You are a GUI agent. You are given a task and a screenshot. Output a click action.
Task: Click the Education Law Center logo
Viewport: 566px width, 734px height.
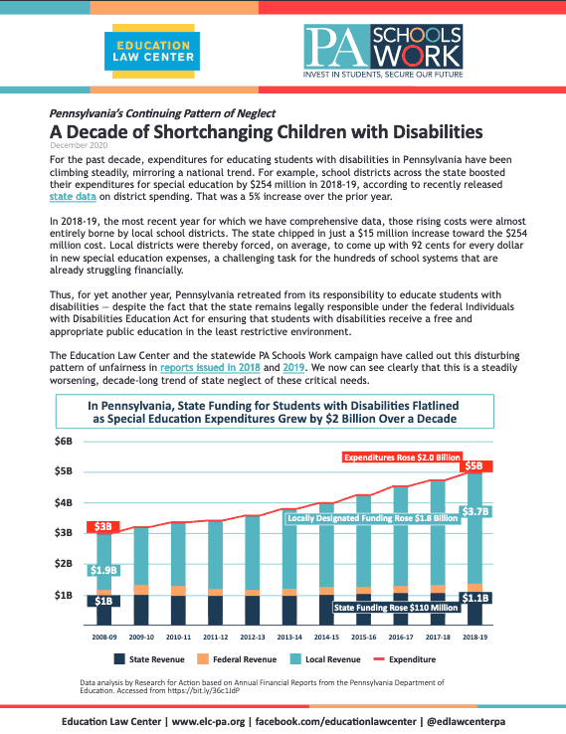click(x=152, y=51)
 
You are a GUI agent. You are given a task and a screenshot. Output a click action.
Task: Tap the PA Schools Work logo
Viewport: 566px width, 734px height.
click(x=383, y=52)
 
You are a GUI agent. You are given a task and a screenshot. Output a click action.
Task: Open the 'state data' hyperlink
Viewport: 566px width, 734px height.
click(x=73, y=197)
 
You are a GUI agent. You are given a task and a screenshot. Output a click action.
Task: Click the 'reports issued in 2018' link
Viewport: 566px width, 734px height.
click(x=210, y=367)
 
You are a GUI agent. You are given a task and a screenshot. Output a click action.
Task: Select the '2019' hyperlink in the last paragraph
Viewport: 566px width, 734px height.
click(x=294, y=367)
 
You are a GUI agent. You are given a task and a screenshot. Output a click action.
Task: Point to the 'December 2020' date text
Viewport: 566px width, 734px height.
click(x=79, y=145)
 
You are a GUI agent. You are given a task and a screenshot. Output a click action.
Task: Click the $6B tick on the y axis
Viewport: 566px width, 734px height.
click(x=64, y=442)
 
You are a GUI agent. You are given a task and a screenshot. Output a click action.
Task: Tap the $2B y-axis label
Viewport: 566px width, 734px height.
click(x=64, y=564)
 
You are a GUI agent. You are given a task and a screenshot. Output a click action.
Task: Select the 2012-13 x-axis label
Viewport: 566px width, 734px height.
click(x=253, y=638)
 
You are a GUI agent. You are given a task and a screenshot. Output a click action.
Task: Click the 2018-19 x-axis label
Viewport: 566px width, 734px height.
click(x=474, y=638)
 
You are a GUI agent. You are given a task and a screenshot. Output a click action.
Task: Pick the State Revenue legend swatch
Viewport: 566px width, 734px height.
click(x=119, y=659)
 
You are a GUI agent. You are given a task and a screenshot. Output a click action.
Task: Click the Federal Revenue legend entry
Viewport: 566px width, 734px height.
click(x=237, y=659)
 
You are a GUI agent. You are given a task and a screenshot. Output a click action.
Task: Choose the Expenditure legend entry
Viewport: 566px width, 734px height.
click(x=405, y=659)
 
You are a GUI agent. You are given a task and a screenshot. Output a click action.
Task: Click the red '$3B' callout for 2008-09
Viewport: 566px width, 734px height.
click(x=103, y=527)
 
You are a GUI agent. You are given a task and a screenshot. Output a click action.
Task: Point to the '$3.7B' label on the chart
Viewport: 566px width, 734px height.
click(x=476, y=511)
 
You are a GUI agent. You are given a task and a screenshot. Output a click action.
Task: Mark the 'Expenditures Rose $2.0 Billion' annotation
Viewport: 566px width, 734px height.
click(x=402, y=458)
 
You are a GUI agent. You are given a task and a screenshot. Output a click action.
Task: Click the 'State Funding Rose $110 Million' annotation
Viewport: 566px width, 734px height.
click(x=396, y=608)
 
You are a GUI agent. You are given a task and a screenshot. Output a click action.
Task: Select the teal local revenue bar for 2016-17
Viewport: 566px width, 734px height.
click(x=401, y=536)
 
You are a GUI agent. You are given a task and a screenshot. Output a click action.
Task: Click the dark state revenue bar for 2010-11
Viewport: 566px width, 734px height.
click(x=178, y=611)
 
